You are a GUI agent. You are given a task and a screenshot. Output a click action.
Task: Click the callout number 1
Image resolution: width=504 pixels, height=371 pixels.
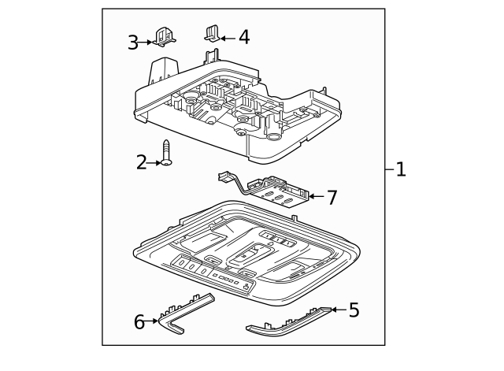pyautogui.click(x=400, y=169)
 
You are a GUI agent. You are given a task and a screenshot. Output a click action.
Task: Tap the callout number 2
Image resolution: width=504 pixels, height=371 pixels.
pyautogui.click(x=142, y=163)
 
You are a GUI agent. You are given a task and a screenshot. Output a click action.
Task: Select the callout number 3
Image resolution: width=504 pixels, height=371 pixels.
pyautogui.click(x=134, y=42)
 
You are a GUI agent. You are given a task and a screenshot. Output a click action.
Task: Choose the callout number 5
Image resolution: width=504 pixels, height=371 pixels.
pyautogui.click(x=354, y=310)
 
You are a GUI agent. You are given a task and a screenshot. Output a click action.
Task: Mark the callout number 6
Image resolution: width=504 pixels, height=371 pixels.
pyautogui.click(x=139, y=321)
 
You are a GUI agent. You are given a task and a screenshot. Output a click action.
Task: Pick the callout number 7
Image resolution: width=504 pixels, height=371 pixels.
pyautogui.click(x=332, y=197)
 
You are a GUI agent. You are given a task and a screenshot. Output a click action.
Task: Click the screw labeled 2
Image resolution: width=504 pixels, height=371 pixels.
pyautogui.click(x=167, y=153)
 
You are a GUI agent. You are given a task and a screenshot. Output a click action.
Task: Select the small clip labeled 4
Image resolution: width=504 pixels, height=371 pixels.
pyautogui.click(x=212, y=33)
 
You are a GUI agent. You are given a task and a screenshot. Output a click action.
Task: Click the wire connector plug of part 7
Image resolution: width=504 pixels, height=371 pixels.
pyautogui.click(x=224, y=176)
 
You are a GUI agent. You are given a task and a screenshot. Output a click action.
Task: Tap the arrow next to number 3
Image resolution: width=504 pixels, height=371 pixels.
pyautogui.click(x=148, y=42)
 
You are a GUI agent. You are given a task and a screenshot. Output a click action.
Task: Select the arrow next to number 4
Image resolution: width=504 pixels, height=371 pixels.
pyautogui.click(x=227, y=36)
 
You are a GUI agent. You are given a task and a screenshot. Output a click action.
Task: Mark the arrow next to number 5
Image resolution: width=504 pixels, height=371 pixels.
pyautogui.click(x=339, y=310)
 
